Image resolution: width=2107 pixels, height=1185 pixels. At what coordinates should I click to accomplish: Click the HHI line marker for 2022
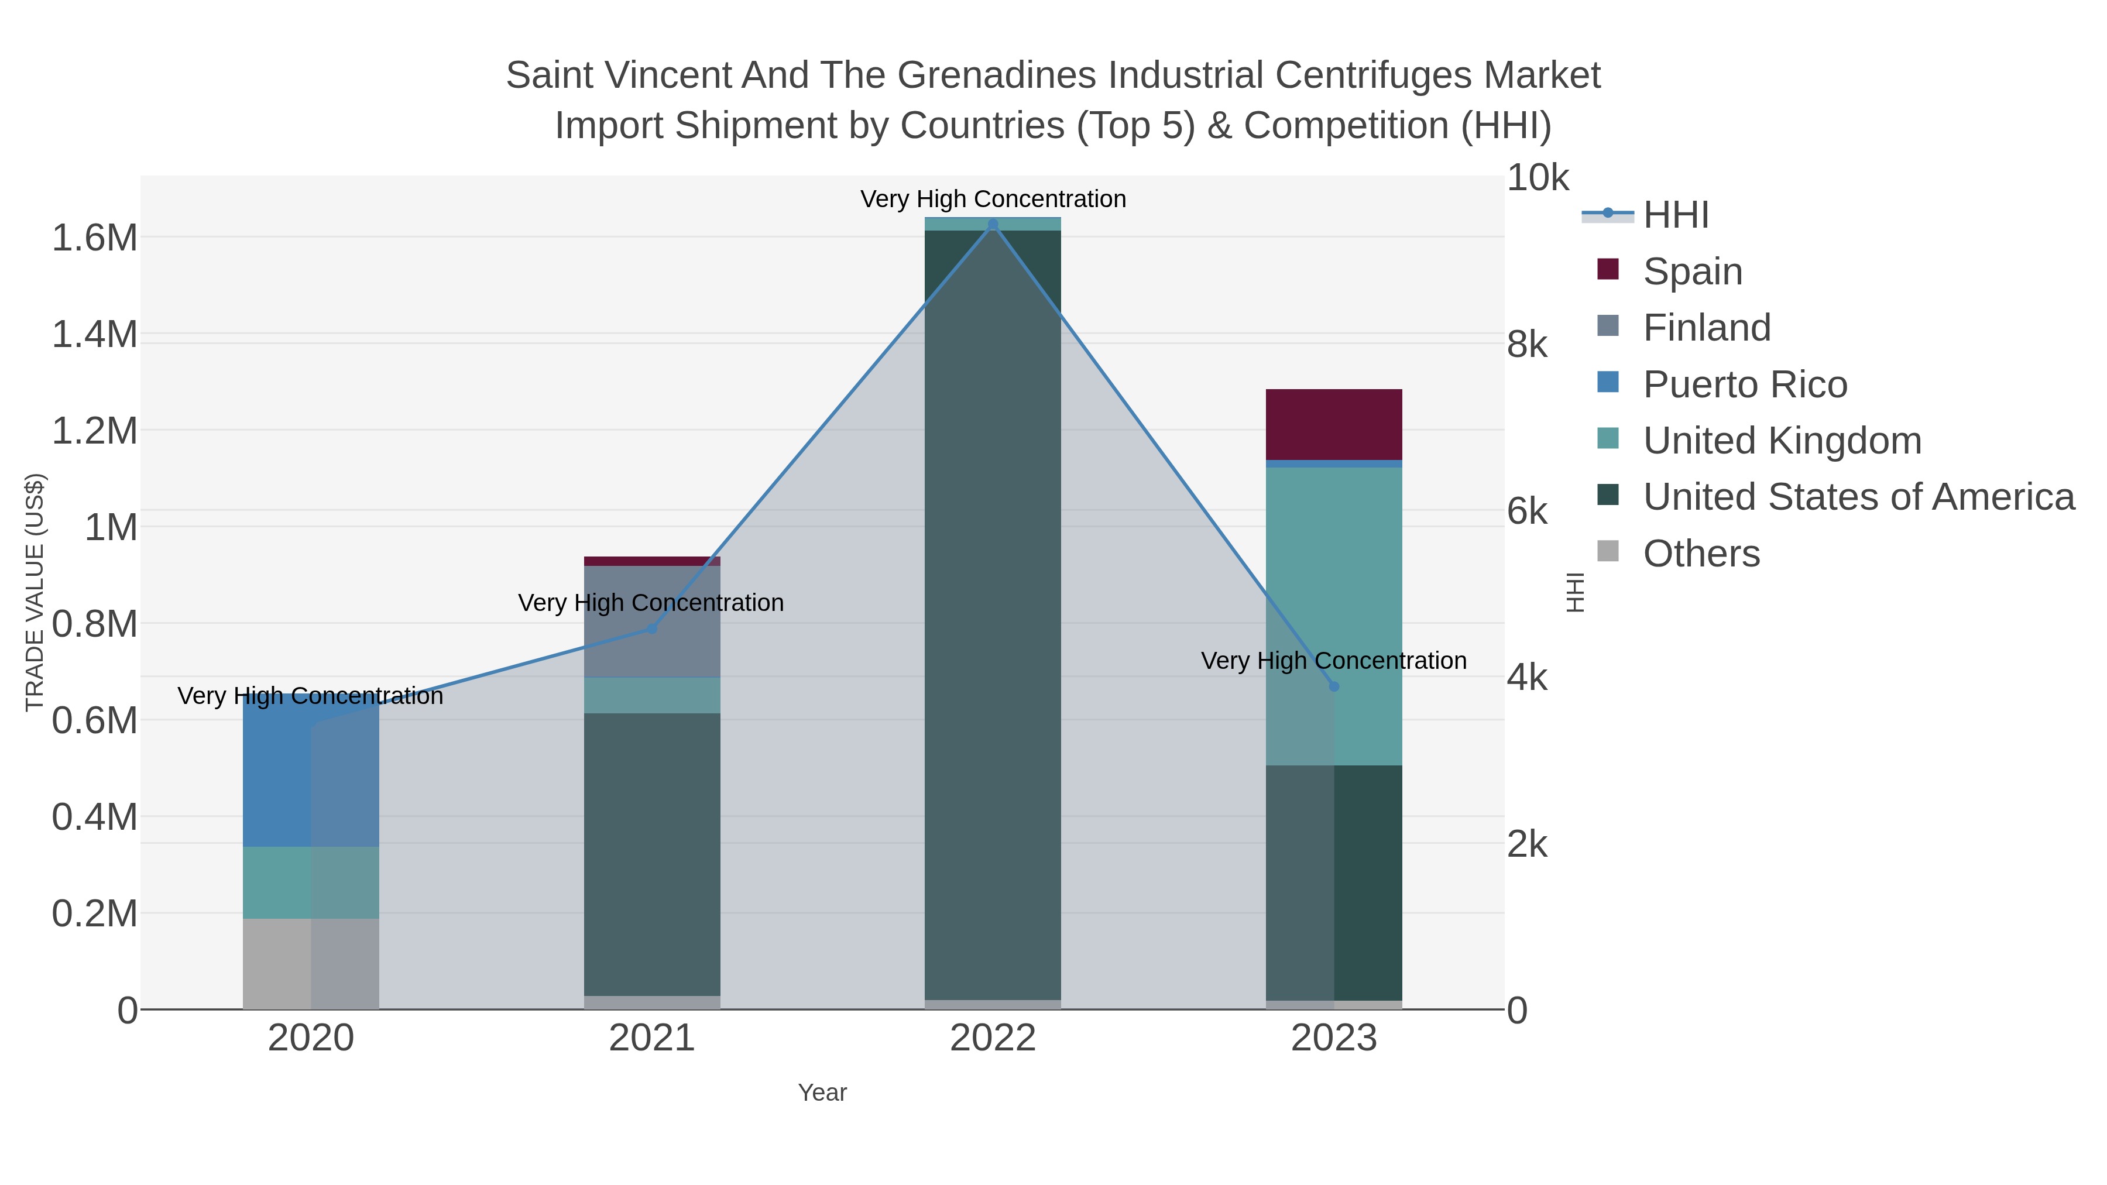(993, 225)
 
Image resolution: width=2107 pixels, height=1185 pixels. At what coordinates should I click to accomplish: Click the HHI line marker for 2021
(652, 628)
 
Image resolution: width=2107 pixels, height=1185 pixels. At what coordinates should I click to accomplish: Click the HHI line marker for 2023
(1334, 686)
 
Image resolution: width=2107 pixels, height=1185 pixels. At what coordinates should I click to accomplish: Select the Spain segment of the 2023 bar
(1334, 424)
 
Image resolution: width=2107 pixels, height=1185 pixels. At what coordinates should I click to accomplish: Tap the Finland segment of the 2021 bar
(652, 621)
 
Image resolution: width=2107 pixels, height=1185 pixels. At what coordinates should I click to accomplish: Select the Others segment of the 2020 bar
(311, 963)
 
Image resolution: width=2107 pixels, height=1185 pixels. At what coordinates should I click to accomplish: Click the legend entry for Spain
(1692, 272)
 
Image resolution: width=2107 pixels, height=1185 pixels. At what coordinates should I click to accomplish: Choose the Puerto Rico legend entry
(1745, 384)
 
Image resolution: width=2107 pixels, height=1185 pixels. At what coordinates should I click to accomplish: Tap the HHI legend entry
(1676, 215)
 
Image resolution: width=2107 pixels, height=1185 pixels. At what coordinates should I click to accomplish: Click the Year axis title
(822, 1093)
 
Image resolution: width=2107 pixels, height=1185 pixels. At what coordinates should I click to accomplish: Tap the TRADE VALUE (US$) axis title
(35, 592)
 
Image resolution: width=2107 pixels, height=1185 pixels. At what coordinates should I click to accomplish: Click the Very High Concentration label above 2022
(993, 199)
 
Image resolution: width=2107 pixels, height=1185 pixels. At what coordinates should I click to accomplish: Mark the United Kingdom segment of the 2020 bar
(311, 882)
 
